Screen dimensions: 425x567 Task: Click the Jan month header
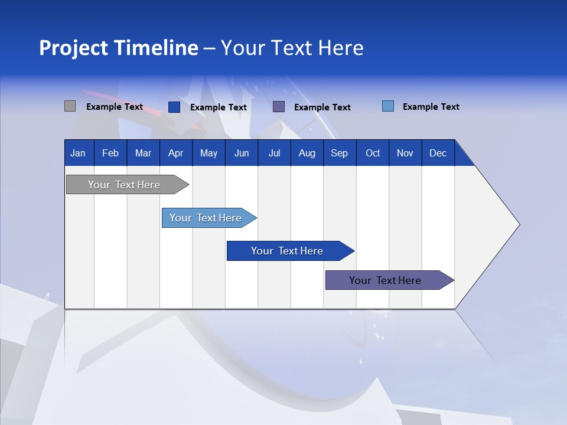click(x=79, y=153)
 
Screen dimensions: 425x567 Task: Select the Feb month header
click(x=110, y=153)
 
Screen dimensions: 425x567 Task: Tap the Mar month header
click(x=143, y=153)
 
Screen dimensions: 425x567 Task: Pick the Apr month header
click(x=175, y=153)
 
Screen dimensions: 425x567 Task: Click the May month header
click(x=208, y=153)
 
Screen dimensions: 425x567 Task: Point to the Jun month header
click(x=242, y=153)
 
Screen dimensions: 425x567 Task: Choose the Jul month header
click(x=274, y=153)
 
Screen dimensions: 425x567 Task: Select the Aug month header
click(x=307, y=153)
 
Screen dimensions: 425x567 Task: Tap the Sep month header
click(x=339, y=153)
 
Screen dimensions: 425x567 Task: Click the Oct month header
click(x=373, y=153)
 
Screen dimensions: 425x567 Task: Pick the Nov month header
click(x=405, y=153)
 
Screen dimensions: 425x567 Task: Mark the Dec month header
click(x=438, y=153)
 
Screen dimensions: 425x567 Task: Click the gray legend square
click(x=70, y=106)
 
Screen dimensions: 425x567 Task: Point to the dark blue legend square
click(x=174, y=107)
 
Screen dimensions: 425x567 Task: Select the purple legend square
click(x=279, y=106)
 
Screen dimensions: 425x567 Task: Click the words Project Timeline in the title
click(x=118, y=48)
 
